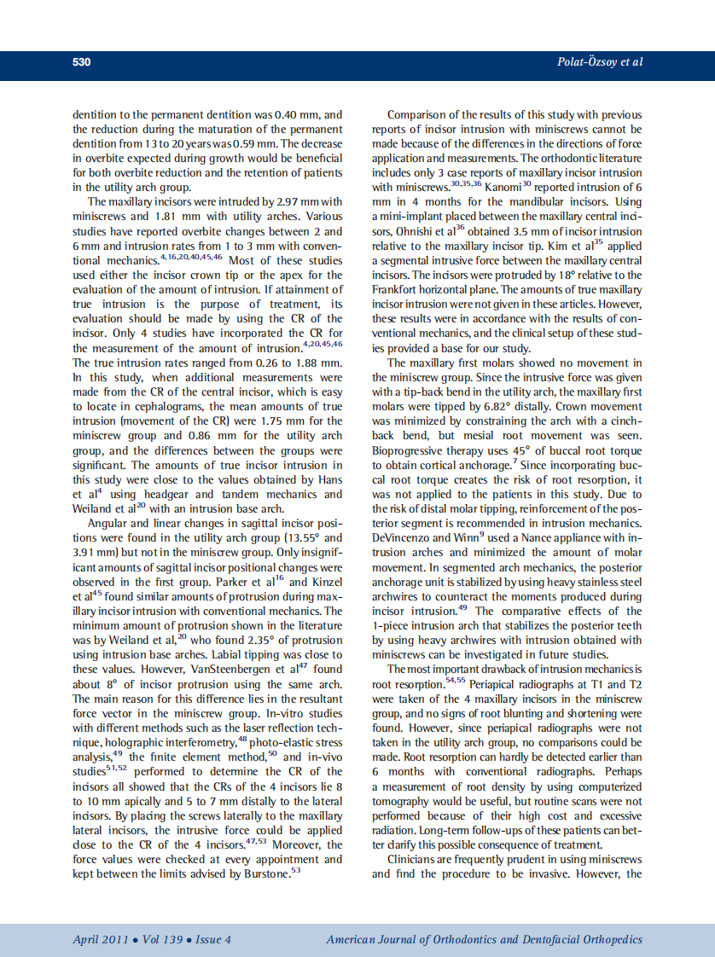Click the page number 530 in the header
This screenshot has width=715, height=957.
(x=82, y=62)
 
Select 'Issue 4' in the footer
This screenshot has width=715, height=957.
(x=213, y=940)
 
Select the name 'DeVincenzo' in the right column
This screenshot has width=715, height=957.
(x=405, y=539)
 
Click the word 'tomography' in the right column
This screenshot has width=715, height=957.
(x=402, y=802)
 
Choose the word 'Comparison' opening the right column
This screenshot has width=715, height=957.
(x=419, y=114)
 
